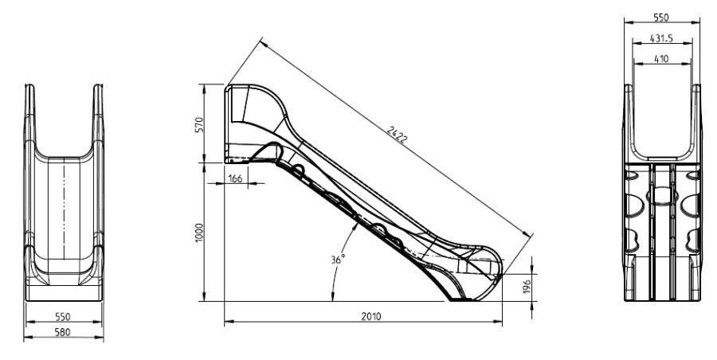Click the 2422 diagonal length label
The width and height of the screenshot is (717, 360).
tap(397, 135)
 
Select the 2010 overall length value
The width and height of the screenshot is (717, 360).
tap(370, 316)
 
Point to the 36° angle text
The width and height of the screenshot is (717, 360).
tap(338, 260)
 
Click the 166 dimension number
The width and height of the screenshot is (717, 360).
tap(235, 178)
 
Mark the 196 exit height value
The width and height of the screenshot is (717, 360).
tap(527, 287)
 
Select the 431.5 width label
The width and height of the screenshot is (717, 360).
tap(661, 38)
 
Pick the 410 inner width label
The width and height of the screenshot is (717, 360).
tap(661, 59)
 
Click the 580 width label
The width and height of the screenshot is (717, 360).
tap(63, 332)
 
